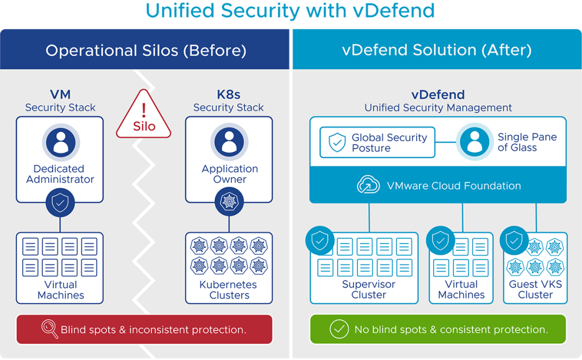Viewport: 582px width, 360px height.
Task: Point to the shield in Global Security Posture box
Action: (x=338, y=142)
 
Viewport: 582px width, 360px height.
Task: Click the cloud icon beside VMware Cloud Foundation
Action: (x=368, y=185)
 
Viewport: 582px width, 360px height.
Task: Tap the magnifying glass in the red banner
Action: (x=49, y=329)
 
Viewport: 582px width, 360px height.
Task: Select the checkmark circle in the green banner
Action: (x=340, y=329)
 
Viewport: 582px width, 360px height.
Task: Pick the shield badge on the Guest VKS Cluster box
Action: (x=513, y=241)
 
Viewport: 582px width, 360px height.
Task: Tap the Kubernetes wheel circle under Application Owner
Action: (x=229, y=202)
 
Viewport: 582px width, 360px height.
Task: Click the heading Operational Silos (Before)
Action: (x=146, y=50)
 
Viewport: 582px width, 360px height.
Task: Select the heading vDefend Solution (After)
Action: (x=437, y=50)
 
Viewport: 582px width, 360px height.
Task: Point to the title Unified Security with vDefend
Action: (x=290, y=11)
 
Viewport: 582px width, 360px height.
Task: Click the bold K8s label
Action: (x=228, y=95)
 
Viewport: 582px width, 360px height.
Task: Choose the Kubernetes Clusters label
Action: (x=228, y=289)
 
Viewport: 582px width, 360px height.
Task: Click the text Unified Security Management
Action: (x=438, y=107)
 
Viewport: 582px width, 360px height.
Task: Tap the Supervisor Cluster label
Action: (x=369, y=289)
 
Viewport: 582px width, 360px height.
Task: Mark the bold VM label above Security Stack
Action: (x=60, y=95)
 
